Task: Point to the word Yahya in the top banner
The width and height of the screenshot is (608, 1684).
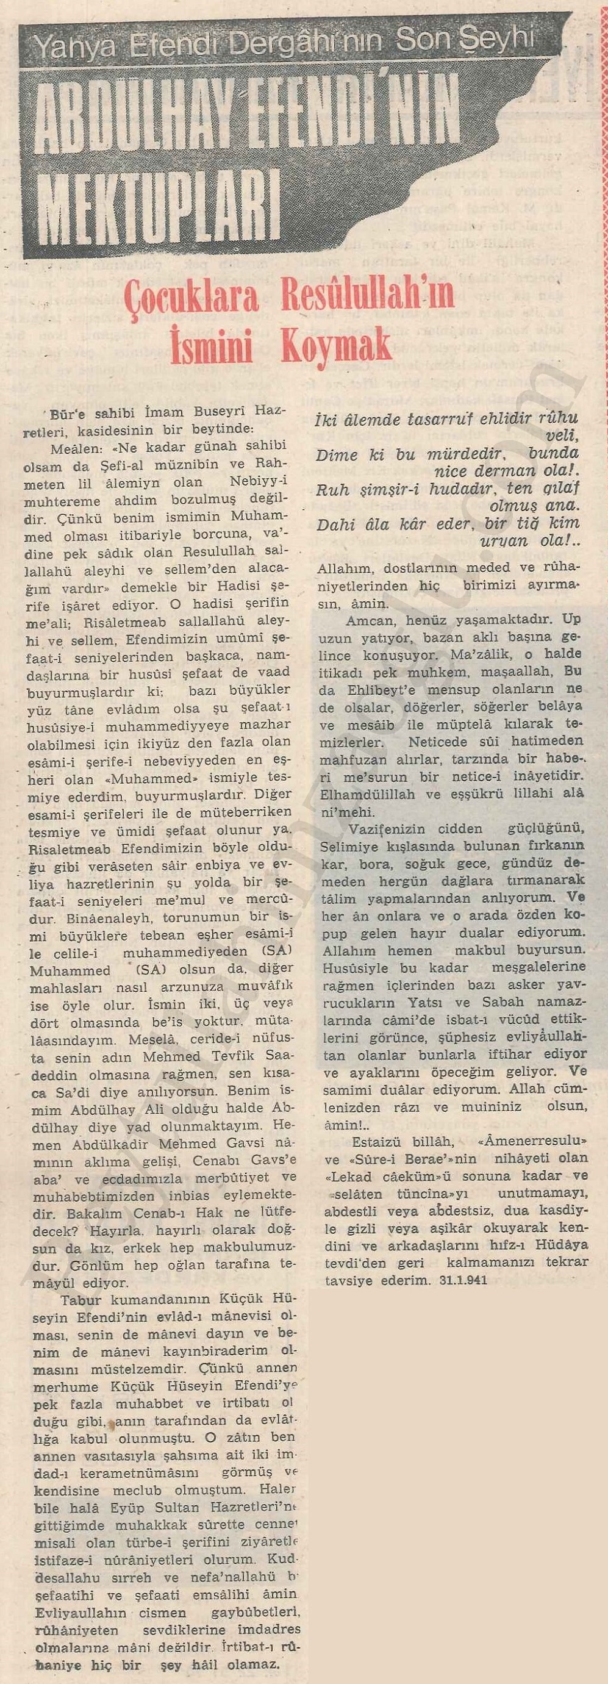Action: pos(62,46)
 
